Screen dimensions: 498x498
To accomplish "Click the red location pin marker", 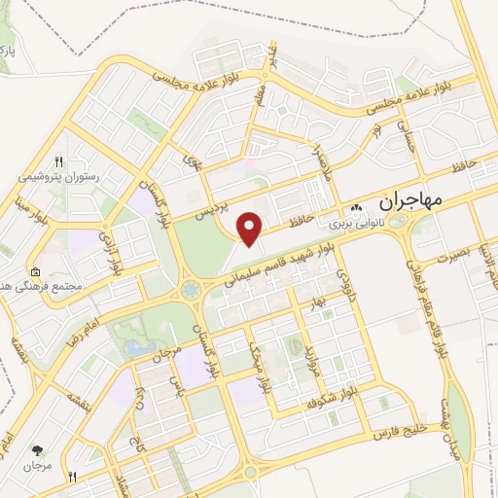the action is (251, 228).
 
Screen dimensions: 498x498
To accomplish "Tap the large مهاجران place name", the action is (407, 199).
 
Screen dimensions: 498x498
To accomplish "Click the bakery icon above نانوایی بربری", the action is (357, 207).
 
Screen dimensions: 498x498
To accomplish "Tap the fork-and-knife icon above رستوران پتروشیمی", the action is (59, 161).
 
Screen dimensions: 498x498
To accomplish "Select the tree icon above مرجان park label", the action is (37, 450).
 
